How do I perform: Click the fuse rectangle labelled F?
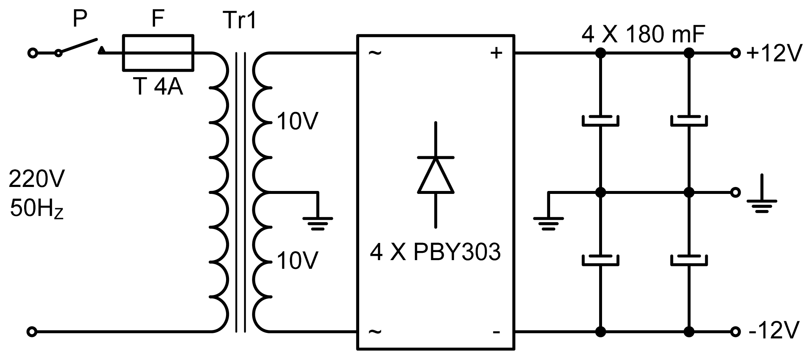[x=158, y=53]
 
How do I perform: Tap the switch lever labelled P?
[x=78, y=46]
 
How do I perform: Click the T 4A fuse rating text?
[x=158, y=87]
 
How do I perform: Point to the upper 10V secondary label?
[x=297, y=121]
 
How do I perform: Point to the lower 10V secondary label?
[x=297, y=260]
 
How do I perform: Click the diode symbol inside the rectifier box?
[x=436, y=175]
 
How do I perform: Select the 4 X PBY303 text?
[x=435, y=252]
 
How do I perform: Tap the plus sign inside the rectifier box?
[x=496, y=53]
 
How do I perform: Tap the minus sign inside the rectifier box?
[x=496, y=332]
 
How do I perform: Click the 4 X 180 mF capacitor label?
[x=643, y=35]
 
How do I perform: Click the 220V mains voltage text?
[x=37, y=179]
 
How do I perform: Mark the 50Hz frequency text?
[x=37, y=209]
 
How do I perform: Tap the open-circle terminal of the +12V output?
[x=735, y=53]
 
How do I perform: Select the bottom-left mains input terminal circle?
[x=32, y=332]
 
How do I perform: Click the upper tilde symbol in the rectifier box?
[x=375, y=53]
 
